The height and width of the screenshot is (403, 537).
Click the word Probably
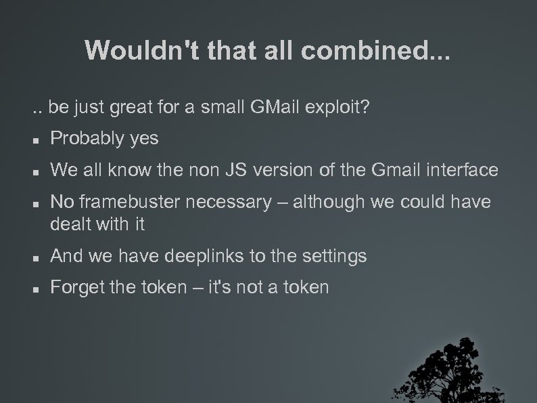[x=87, y=139]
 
